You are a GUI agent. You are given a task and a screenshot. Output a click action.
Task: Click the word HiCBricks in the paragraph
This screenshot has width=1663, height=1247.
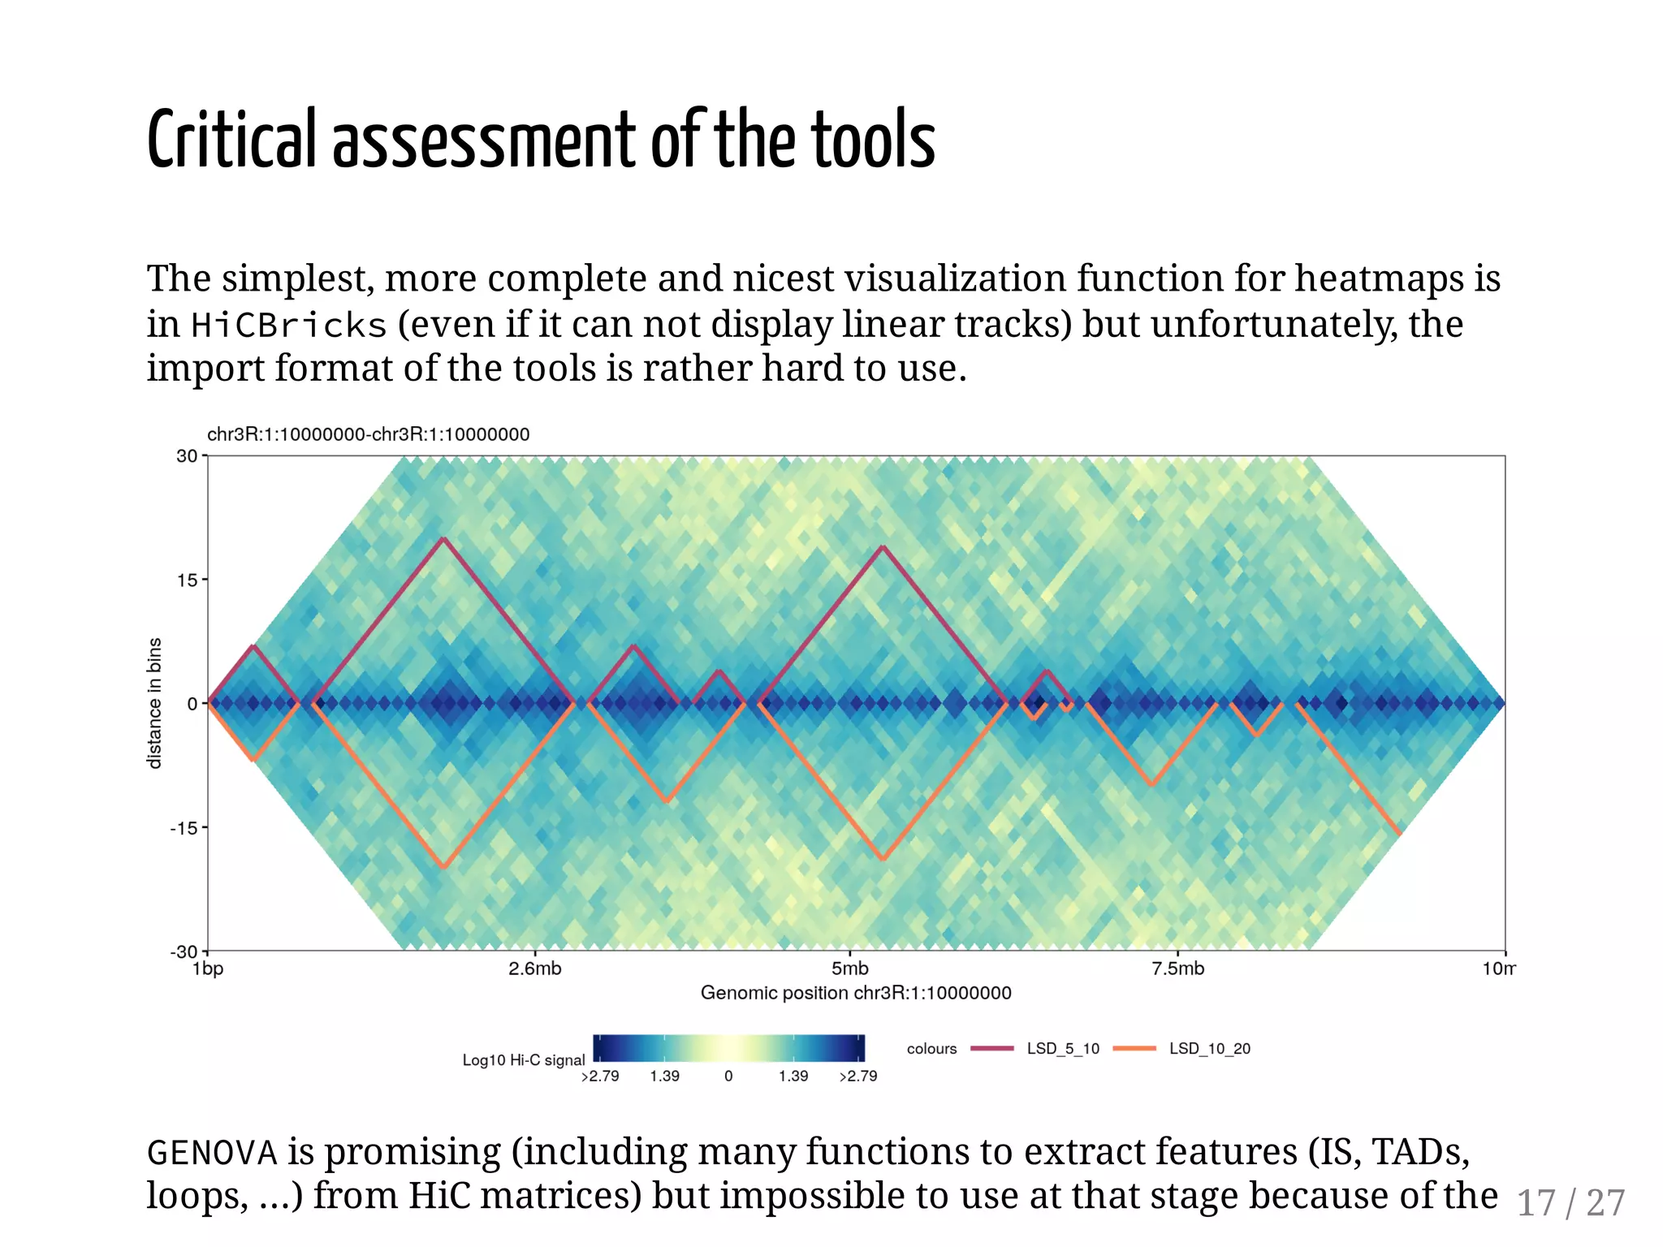coord(289,326)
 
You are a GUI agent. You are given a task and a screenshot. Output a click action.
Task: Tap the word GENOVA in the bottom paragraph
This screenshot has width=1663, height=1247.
coord(212,1153)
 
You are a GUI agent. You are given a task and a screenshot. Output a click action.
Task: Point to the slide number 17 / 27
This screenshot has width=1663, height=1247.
coord(1570,1203)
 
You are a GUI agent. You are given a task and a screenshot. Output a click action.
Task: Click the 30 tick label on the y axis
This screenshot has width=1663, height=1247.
coord(187,456)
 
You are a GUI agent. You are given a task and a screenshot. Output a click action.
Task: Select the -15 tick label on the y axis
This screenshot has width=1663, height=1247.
coord(184,828)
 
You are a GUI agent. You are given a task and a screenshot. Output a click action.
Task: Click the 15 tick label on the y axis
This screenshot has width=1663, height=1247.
coord(187,580)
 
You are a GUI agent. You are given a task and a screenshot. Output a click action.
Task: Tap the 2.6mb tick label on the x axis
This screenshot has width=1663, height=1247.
coord(534,969)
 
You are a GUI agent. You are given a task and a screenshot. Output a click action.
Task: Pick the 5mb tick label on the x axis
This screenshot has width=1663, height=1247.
coord(849,969)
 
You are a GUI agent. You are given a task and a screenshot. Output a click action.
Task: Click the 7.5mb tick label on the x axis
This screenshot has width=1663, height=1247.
coord(1177,969)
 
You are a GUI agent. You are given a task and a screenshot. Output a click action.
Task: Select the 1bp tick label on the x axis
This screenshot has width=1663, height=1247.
coord(208,969)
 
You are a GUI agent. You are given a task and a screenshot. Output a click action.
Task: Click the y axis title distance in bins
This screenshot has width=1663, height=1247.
coord(154,703)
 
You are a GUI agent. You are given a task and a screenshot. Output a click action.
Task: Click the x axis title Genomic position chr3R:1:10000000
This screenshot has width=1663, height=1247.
coord(856,993)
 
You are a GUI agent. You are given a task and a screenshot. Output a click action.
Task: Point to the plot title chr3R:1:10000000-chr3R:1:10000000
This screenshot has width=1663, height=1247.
coord(368,434)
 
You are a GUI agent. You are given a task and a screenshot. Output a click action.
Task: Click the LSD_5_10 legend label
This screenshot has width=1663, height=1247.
coord(1062,1049)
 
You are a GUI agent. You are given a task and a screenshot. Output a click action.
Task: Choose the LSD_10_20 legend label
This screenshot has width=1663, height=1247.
coord(1209,1049)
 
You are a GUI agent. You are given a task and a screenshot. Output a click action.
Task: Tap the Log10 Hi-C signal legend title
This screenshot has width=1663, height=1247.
coord(524,1060)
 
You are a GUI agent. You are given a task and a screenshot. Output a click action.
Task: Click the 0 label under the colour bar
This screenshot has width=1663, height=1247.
coord(728,1077)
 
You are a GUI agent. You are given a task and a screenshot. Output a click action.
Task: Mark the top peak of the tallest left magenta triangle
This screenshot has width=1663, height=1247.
coord(443,538)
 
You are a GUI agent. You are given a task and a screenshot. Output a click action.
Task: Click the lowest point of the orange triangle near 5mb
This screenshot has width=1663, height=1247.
coord(883,859)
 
